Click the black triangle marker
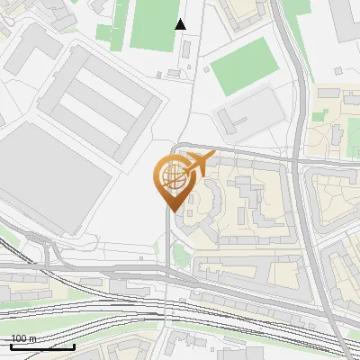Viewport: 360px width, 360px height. click(180, 24)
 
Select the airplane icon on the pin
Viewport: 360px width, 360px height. click(197, 163)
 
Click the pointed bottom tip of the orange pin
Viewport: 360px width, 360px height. click(171, 211)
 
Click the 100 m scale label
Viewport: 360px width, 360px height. click(23, 338)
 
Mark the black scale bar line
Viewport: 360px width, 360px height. click(42, 346)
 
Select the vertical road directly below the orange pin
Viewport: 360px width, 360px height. click(167, 261)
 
